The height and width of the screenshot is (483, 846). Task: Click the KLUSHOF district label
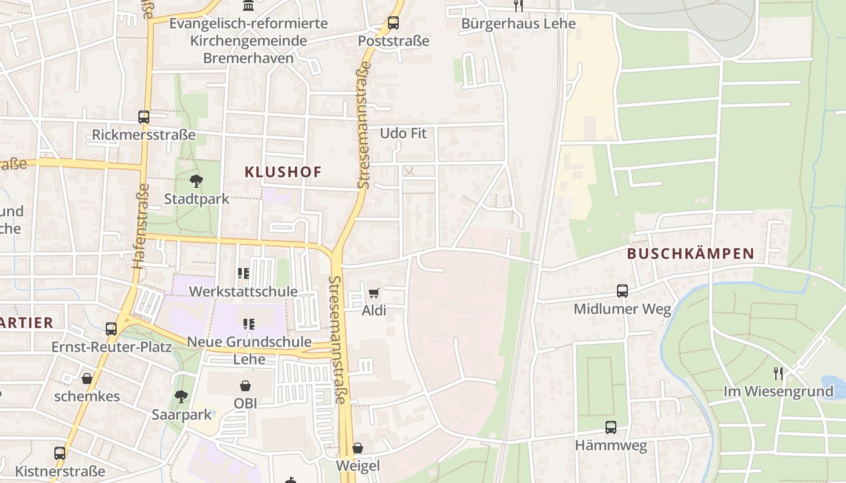[x=283, y=172]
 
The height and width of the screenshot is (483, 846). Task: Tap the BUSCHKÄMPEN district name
[x=691, y=254]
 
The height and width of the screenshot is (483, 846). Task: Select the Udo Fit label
[x=403, y=133]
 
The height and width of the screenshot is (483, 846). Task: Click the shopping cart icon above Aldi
[x=373, y=293]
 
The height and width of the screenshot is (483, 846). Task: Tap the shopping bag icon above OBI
[x=245, y=385]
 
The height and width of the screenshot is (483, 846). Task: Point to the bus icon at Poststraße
[x=393, y=23]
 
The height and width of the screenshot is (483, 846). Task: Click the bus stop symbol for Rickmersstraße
[x=144, y=117]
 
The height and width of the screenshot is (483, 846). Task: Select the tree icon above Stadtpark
[x=196, y=181]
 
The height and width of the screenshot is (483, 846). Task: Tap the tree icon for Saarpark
[x=181, y=397]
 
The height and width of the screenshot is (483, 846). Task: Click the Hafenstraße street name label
[x=140, y=225]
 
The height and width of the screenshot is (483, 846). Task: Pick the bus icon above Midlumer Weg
[x=622, y=291]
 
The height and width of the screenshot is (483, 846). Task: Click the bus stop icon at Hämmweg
[x=611, y=427]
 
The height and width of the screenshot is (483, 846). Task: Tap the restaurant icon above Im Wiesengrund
[x=778, y=374]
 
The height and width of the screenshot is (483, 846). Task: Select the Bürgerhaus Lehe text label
[x=518, y=24]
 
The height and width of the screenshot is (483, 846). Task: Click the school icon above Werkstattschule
[x=244, y=273]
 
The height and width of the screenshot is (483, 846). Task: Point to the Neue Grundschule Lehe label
[x=249, y=350]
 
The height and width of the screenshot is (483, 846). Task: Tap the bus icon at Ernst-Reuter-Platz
[x=111, y=329]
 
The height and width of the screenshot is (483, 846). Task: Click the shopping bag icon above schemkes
[x=87, y=379]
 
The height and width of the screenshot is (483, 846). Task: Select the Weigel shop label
[x=358, y=465]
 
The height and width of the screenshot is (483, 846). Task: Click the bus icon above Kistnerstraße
[x=60, y=453]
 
